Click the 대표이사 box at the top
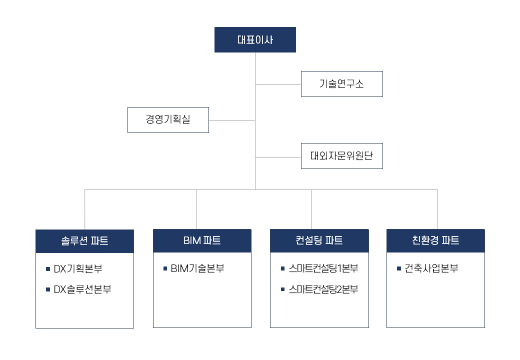pos(255,40)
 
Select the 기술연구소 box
pos(342,84)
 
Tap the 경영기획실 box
pos(168,120)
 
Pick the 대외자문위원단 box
pos(342,156)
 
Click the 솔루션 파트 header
pos(84,241)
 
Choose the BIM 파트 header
pos(202,240)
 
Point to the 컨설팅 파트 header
pos(319,240)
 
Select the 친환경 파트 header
pos(436,240)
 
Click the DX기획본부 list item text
pos(78,269)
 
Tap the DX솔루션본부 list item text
pos(82,289)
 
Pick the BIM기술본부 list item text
pos(197,268)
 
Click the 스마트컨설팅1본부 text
pos(323,268)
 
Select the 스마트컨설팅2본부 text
pos(323,289)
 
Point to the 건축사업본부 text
pos(431,268)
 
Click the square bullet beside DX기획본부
pos(48,269)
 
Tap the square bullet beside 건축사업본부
pos(399,268)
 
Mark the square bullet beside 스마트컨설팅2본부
pos(282,289)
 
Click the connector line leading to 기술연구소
pos(278,84)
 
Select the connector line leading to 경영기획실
pos(232,120)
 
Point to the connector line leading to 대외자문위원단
pos(278,158)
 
